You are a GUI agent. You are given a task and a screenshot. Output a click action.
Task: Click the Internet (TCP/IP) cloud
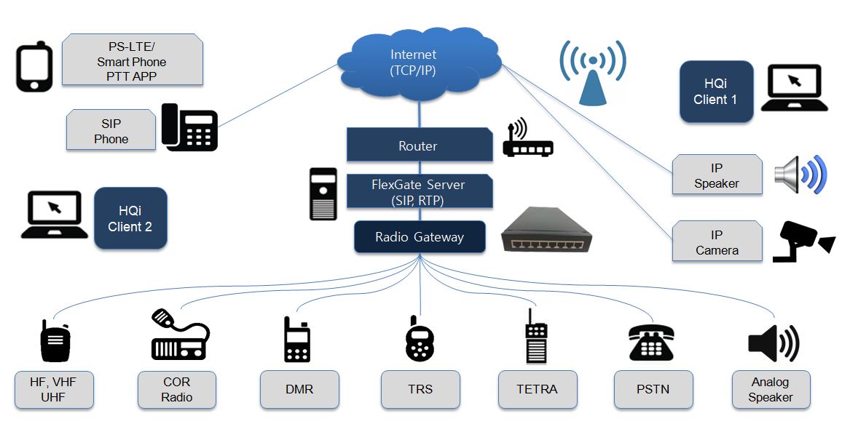click(418, 64)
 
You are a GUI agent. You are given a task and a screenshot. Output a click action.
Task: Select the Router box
click(418, 145)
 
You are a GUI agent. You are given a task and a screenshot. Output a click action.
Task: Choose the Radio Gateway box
click(420, 237)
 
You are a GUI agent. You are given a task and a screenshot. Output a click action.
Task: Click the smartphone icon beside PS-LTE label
click(34, 66)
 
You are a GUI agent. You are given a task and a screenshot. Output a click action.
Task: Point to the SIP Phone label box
click(111, 130)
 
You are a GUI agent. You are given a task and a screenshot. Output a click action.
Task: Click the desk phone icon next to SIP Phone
click(189, 127)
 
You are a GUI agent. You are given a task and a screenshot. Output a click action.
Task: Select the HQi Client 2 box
click(130, 217)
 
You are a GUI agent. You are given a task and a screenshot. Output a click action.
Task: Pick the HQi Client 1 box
click(716, 92)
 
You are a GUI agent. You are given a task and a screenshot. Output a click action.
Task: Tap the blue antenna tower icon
click(593, 73)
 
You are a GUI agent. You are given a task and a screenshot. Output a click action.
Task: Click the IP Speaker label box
click(716, 175)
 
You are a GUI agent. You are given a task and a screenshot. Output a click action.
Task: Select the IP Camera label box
click(716, 242)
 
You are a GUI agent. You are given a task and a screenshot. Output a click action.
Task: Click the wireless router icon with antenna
click(527, 141)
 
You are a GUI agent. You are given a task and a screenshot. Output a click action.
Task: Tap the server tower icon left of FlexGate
click(323, 193)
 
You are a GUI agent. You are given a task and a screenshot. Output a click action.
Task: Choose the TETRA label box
click(537, 389)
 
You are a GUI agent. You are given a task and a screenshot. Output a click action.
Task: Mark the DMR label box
click(299, 389)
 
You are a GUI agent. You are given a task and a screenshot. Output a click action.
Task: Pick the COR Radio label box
click(176, 390)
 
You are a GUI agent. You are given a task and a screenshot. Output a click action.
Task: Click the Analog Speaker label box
click(770, 390)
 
